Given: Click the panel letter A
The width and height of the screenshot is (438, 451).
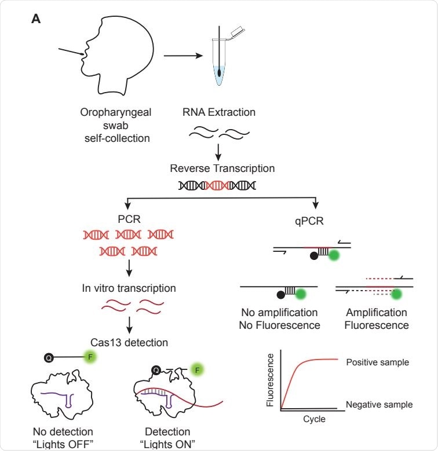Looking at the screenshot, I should pyautogui.click(x=36, y=19).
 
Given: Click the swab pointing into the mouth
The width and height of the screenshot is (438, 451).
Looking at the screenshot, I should pyautogui.click(x=71, y=54).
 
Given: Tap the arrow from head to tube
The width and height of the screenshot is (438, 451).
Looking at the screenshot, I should pyautogui.click(x=183, y=56).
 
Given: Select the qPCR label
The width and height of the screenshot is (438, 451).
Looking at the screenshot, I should pyautogui.click(x=316, y=220).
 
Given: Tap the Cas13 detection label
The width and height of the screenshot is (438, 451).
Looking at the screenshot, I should pyautogui.click(x=129, y=342).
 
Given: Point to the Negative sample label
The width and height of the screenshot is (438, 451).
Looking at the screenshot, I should pyautogui.click(x=379, y=404).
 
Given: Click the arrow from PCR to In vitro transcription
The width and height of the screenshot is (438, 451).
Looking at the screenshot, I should pyautogui.click(x=129, y=267).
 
